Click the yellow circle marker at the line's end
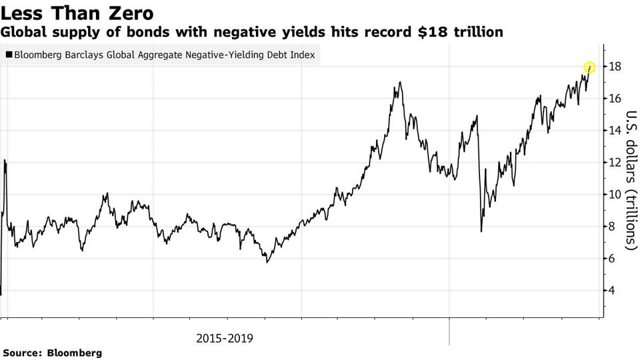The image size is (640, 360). (589, 67)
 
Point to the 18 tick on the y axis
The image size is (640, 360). (615, 67)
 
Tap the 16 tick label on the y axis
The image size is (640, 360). (615, 99)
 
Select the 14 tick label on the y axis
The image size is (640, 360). (615, 131)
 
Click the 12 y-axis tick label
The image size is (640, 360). (615, 163)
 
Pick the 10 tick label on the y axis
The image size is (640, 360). (615, 195)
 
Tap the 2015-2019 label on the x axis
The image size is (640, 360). (225, 338)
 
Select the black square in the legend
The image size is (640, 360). (8, 55)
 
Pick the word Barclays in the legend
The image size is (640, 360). (86, 55)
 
